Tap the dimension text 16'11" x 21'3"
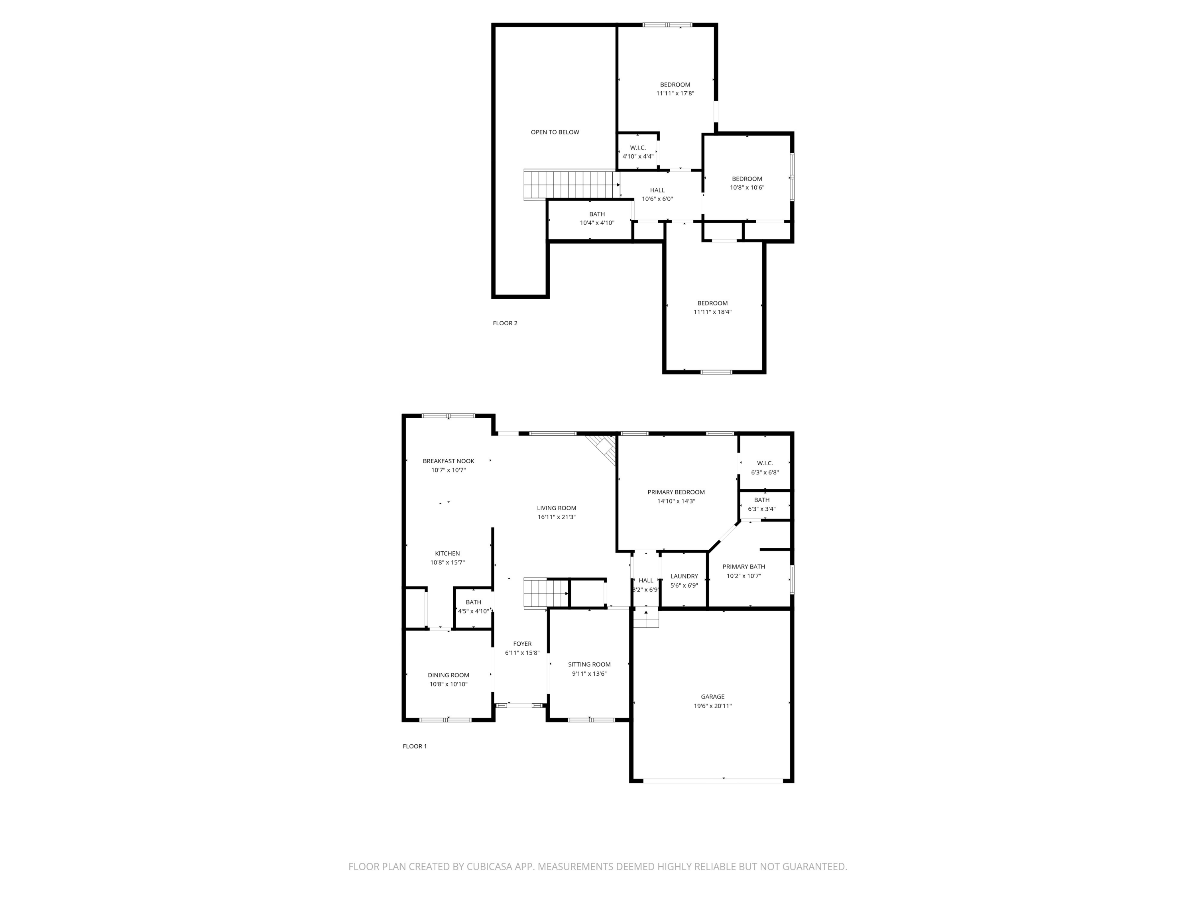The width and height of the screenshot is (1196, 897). [x=557, y=517]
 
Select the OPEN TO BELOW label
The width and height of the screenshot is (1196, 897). [x=555, y=132]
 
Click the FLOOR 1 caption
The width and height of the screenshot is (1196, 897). [x=414, y=746]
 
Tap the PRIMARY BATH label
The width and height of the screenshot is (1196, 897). [x=744, y=567]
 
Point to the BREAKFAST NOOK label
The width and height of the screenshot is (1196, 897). [x=448, y=461]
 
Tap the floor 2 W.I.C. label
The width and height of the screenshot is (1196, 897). [x=637, y=148]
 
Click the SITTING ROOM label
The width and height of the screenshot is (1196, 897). [x=589, y=665]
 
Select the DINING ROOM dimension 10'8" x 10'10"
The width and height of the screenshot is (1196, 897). [x=448, y=684]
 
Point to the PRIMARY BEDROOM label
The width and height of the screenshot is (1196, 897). [x=676, y=492]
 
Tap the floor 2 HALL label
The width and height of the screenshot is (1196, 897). [x=657, y=190]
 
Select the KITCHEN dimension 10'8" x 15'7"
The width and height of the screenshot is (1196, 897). [x=447, y=562]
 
